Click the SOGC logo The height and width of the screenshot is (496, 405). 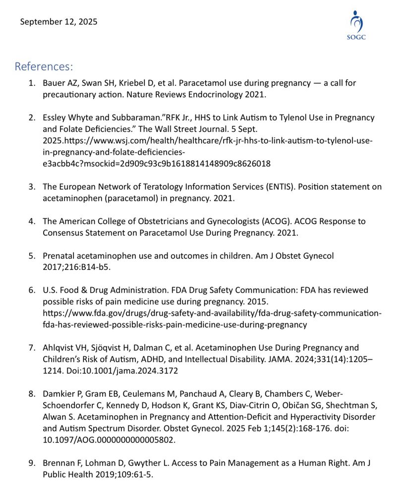coord(356,26)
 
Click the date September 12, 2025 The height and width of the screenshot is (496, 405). coord(58,22)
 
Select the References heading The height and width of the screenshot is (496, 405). coord(44,66)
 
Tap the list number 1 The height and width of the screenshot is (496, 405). coord(31,83)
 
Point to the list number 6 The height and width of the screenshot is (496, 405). coord(31,290)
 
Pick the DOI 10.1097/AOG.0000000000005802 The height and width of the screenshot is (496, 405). coord(109,439)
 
